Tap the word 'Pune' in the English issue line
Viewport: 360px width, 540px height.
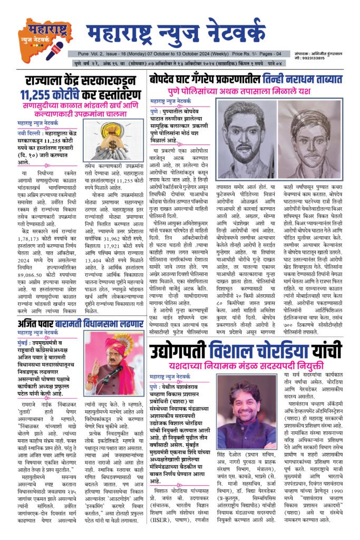pyautogui.click(x=83, y=53)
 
